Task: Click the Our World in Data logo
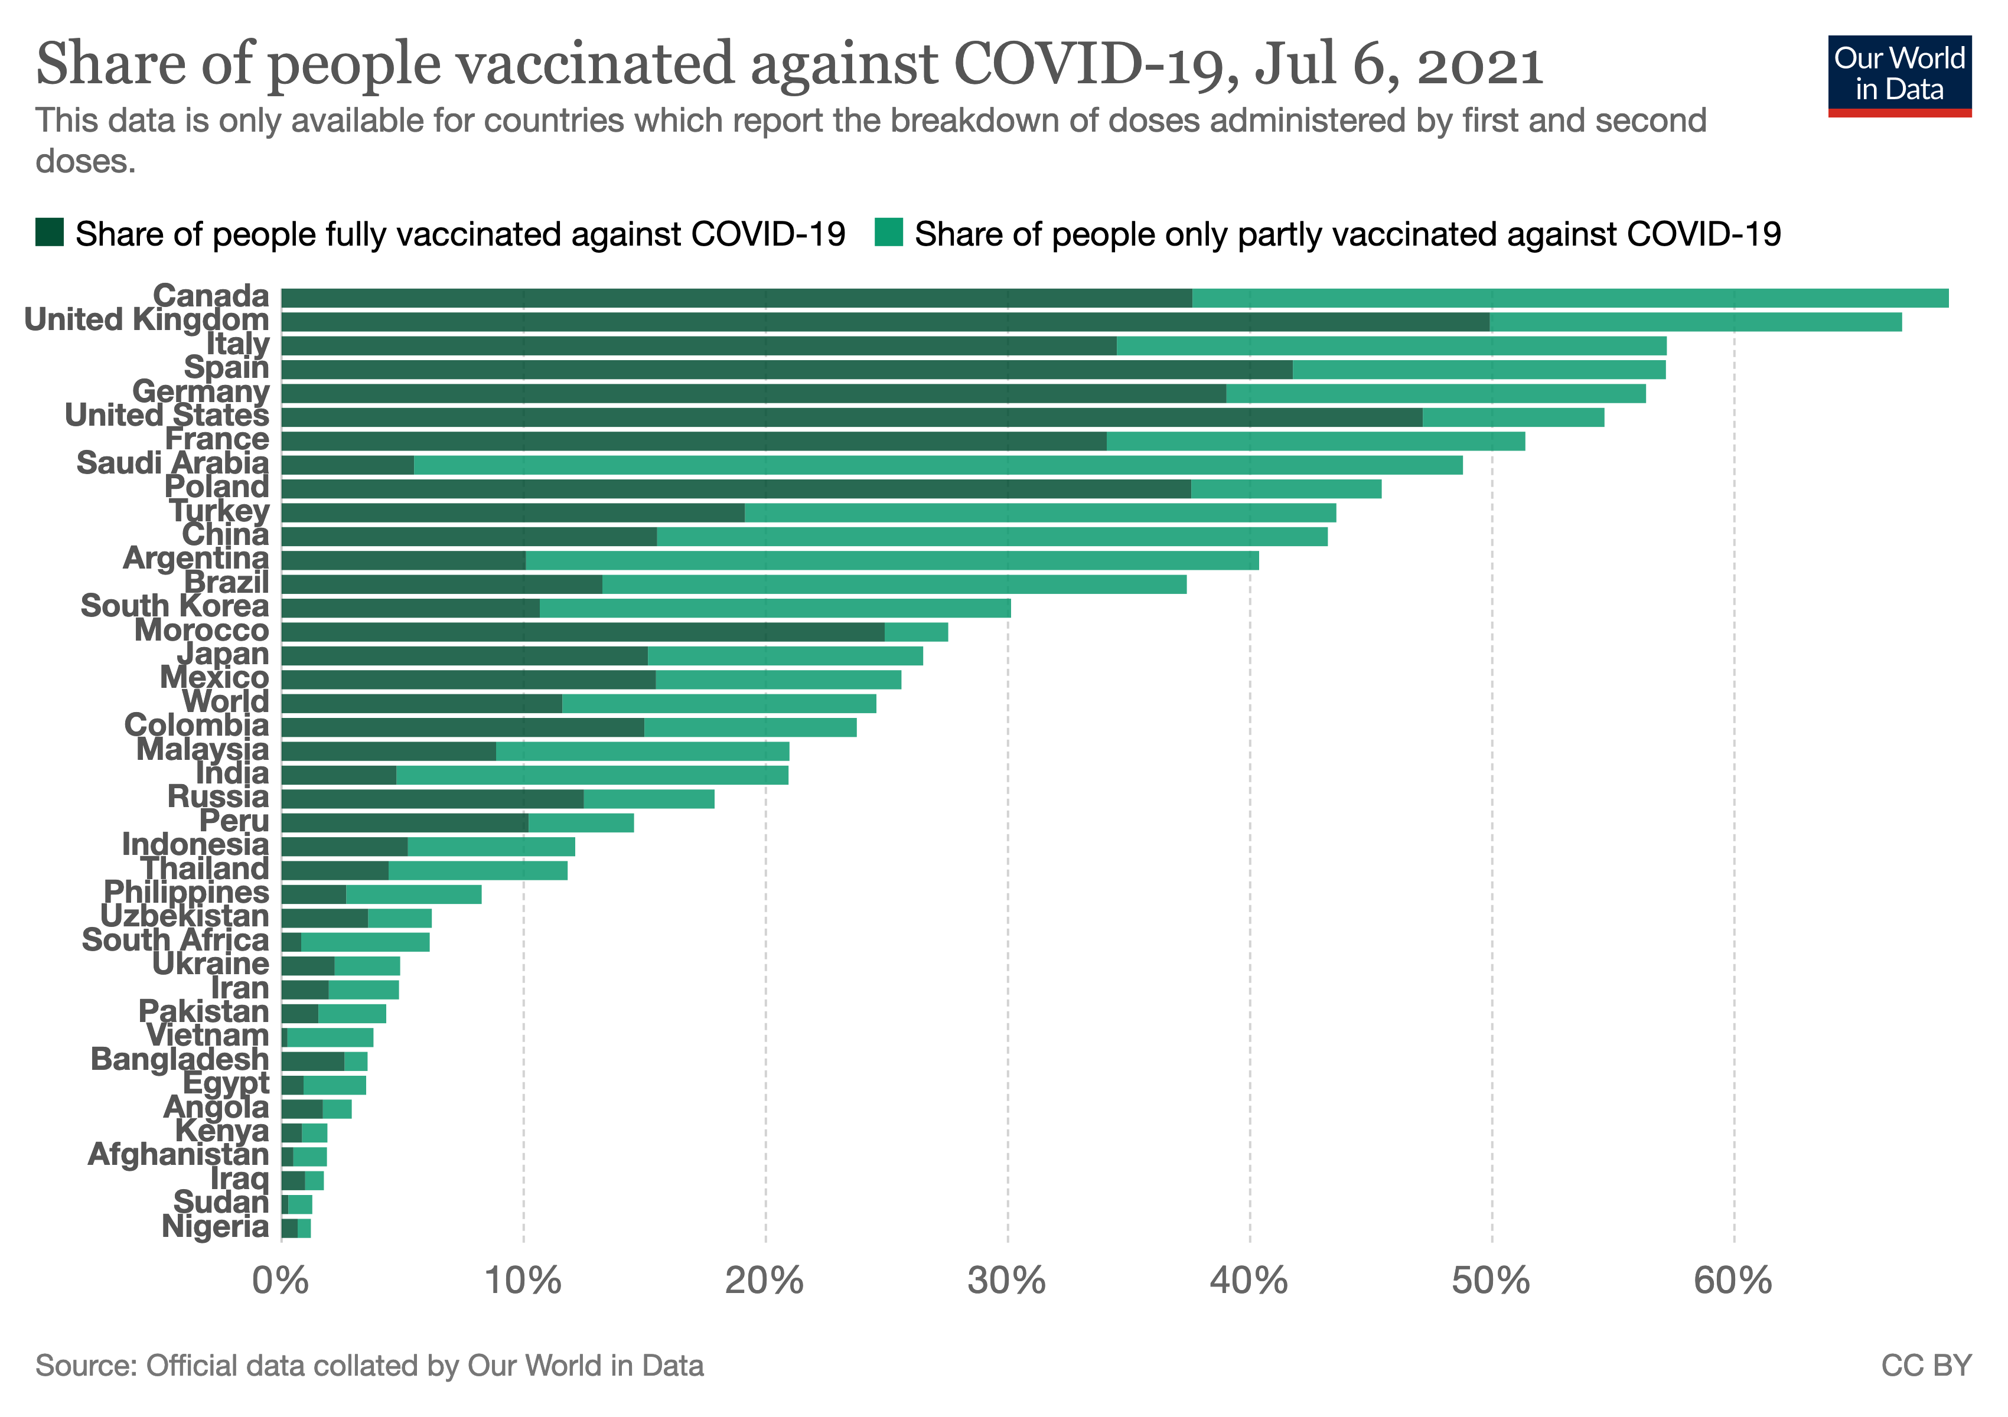1899,75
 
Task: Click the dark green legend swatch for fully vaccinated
49,233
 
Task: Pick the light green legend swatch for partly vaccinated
889,233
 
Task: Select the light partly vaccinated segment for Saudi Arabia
937,465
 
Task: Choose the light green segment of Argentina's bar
892,560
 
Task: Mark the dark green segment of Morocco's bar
582,632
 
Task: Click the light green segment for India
592,775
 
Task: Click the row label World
226,702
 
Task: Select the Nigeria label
215,1227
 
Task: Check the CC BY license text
1926,1366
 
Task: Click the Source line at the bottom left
369,1366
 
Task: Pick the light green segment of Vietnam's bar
331,1037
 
